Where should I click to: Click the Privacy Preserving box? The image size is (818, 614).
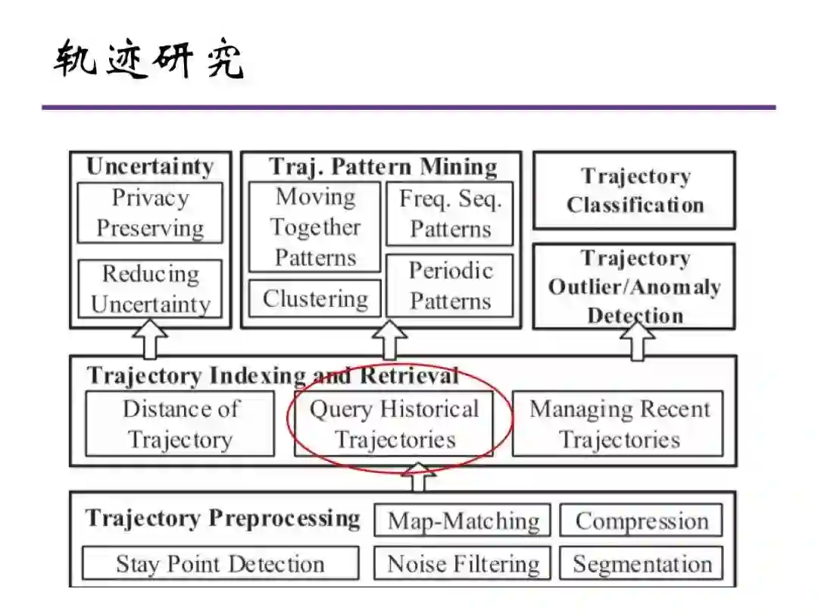point(150,212)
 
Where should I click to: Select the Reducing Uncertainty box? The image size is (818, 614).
point(150,289)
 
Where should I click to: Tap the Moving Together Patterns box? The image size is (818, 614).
point(314,227)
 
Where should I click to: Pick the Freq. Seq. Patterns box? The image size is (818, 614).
point(450,213)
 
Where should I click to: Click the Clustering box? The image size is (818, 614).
point(314,299)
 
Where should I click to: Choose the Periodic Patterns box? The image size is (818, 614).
point(450,286)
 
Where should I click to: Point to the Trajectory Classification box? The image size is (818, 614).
point(635,190)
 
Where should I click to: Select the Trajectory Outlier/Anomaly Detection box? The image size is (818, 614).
point(635,287)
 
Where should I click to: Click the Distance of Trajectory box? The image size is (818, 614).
point(180,424)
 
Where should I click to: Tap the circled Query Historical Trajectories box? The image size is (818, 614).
point(394,424)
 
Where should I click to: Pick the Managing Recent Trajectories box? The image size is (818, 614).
point(618,424)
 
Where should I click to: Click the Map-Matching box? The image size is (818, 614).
point(463,521)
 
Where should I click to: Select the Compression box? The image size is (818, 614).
point(641,521)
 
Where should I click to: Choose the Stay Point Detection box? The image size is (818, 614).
point(220,564)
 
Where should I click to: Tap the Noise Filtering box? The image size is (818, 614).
point(463,564)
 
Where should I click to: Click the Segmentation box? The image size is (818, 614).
point(641,564)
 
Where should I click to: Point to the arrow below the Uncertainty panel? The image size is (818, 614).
point(150,341)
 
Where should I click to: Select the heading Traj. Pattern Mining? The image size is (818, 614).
point(382,166)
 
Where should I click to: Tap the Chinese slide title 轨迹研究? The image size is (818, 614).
point(148,61)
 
